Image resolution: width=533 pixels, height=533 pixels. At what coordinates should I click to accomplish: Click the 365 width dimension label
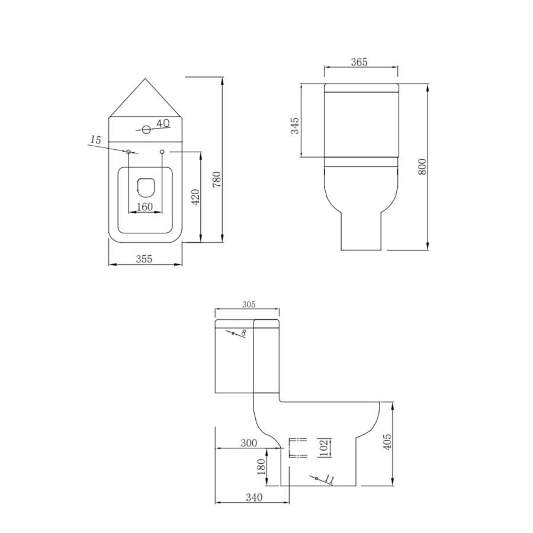(x=359, y=62)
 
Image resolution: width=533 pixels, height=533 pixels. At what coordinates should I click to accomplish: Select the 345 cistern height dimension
(x=296, y=126)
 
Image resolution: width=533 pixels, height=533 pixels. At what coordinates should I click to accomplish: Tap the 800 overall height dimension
(x=422, y=166)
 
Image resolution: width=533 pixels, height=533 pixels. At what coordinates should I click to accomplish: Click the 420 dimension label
(x=196, y=197)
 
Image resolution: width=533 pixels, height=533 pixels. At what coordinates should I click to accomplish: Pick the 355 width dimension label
(x=144, y=258)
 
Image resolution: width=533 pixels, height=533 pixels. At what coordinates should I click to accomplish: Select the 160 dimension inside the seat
(x=145, y=207)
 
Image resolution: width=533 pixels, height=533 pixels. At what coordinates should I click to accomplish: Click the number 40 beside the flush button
(x=163, y=123)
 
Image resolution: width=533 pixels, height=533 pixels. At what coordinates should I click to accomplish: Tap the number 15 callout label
(x=95, y=140)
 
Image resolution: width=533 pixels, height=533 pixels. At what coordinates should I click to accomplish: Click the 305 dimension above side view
(x=248, y=304)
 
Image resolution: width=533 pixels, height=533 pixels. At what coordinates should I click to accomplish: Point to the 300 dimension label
(x=248, y=442)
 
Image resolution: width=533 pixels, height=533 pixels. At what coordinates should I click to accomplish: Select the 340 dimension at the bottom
(x=253, y=497)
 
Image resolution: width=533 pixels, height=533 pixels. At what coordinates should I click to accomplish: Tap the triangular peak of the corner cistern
(x=146, y=80)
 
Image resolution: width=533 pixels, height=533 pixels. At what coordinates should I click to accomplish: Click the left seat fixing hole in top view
(x=129, y=152)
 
